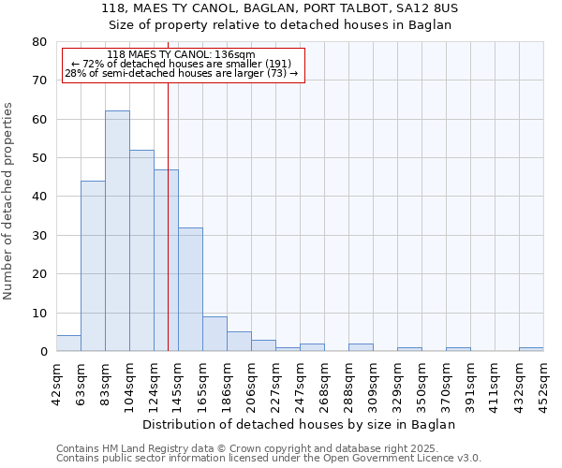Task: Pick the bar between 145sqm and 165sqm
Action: pyautogui.click(x=190, y=289)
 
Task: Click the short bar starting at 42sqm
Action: pyautogui.click(x=68, y=344)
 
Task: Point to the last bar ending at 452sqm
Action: pyautogui.click(x=531, y=349)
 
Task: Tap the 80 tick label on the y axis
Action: pyautogui.click(x=39, y=42)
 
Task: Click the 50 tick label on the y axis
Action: pyautogui.click(x=39, y=158)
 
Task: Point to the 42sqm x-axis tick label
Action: pyautogui.click(x=57, y=382)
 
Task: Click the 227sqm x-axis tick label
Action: pyautogui.click(x=275, y=382)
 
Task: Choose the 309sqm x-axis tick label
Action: pyautogui.click(x=373, y=382)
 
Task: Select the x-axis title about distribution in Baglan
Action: pyautogui.click(x=300, y=424)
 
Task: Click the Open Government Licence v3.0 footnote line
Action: pyautogui.click(x=268, y=458)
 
